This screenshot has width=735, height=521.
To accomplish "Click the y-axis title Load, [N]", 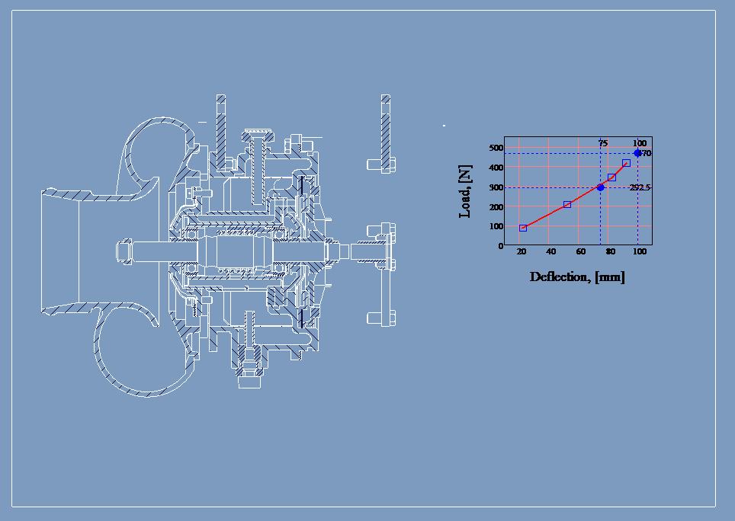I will (465, 192).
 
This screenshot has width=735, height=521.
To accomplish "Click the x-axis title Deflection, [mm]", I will (577, 277).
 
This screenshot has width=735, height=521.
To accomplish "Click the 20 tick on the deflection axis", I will (522, 252).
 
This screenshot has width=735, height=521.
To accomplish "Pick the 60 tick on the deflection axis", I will (581, 252).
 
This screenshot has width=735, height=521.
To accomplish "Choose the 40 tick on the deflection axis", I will (551, 252).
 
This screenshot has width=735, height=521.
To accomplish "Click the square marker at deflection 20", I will (523, 228).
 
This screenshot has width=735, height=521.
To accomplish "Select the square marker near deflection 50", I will (567, 204).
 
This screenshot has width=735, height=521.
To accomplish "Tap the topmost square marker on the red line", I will (626, 163).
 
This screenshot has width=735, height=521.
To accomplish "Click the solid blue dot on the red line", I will (600, 187).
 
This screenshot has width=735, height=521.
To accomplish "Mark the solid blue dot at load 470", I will (637, 153).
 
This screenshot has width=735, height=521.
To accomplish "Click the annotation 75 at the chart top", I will (602, 143).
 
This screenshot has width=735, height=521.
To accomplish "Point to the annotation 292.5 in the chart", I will (640, 187).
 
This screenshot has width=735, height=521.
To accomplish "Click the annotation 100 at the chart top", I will (639, 143).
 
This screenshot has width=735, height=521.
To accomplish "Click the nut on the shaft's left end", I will (124, 251).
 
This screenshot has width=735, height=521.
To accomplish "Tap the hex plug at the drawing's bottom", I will (250, 378).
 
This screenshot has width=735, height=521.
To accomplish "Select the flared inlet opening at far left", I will (61, 251).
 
